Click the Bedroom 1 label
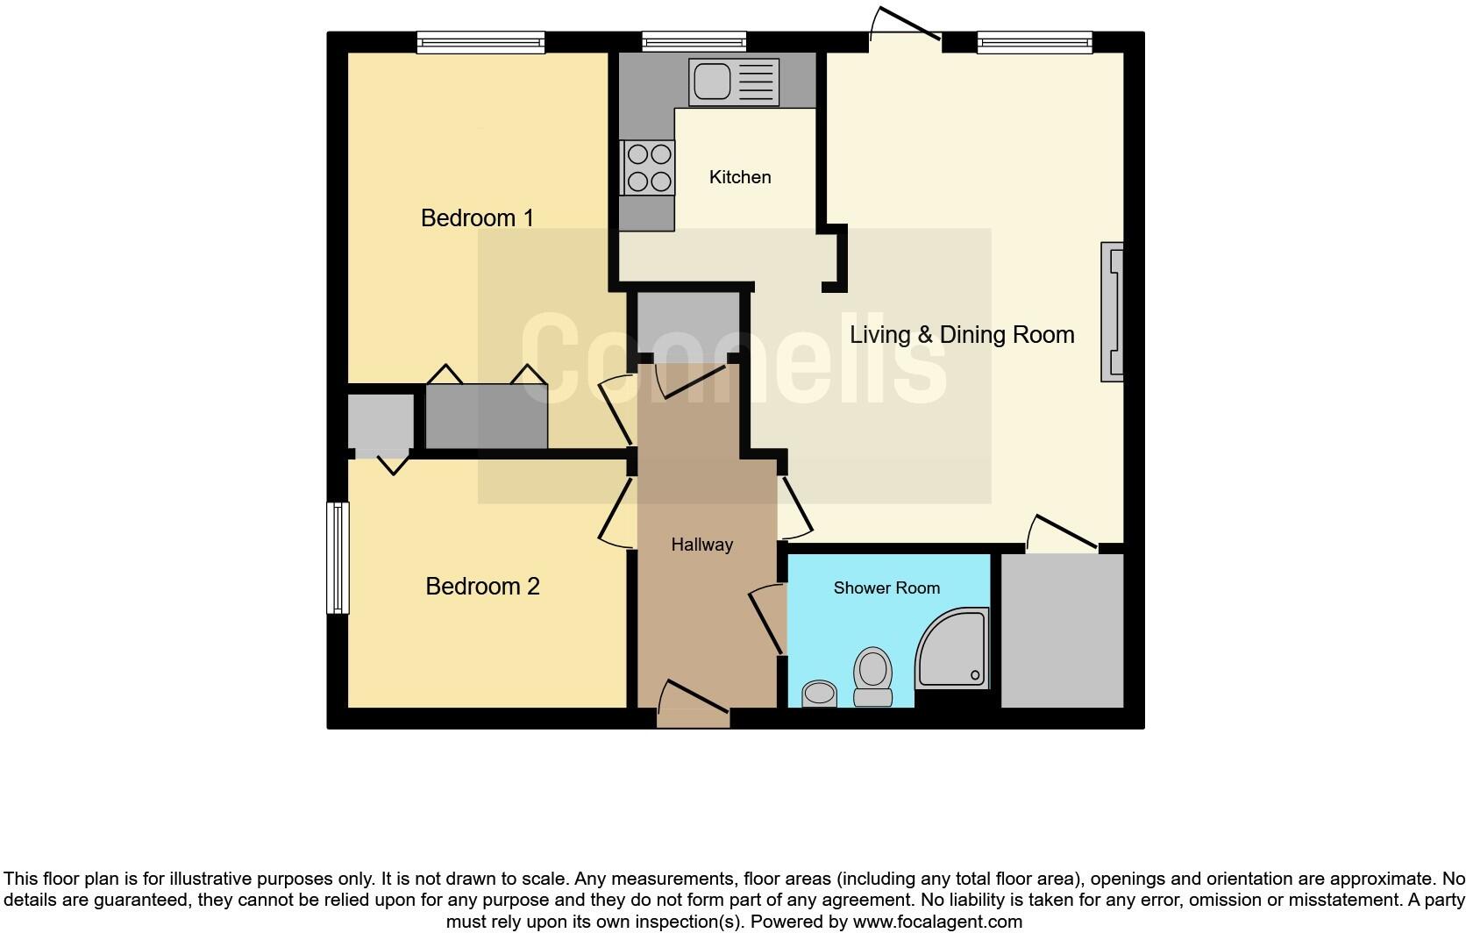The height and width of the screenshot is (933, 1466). [477, 217]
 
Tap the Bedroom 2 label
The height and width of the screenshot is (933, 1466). [482, 586]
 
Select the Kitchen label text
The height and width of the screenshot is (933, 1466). [740, 177]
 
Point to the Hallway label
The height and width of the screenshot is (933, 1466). [701, 545]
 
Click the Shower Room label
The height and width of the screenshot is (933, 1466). [886, 588]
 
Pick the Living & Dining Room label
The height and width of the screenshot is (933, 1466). [962, 334]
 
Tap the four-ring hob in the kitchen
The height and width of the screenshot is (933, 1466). [648, 167]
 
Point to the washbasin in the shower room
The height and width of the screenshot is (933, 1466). [820, 694]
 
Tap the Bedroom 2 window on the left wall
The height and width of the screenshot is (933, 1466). [338, 558]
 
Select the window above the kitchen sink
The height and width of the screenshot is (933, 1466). [694, 41]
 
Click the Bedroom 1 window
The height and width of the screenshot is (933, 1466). [480, 41]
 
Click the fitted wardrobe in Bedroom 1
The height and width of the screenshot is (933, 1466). [487, 417]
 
